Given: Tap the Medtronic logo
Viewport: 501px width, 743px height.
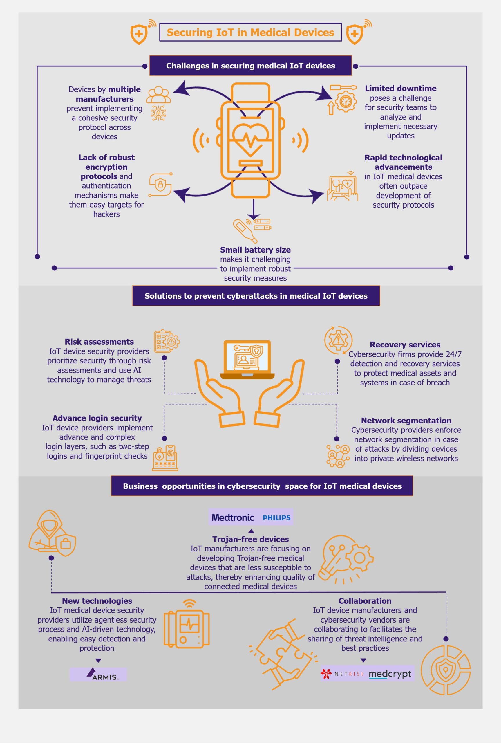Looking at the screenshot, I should pyautogui.click(x=233, y=517).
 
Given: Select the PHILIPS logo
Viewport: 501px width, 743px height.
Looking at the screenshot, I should pyautogui.click(x=276, y=518).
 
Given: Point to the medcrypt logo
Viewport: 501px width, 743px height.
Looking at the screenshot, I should pyautogui.click(x=390, y=674).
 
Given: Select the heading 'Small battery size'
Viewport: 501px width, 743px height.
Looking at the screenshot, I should pyautogui.click(x=255, y=250).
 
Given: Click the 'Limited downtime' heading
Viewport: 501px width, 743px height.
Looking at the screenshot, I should pyautogui.click(x=400, y=89).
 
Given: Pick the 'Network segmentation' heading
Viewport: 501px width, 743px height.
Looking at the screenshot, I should pyautogui.click(x=406, y=420).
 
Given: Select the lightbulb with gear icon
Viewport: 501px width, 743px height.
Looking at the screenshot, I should pyautogui.click(x=347, y=559).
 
